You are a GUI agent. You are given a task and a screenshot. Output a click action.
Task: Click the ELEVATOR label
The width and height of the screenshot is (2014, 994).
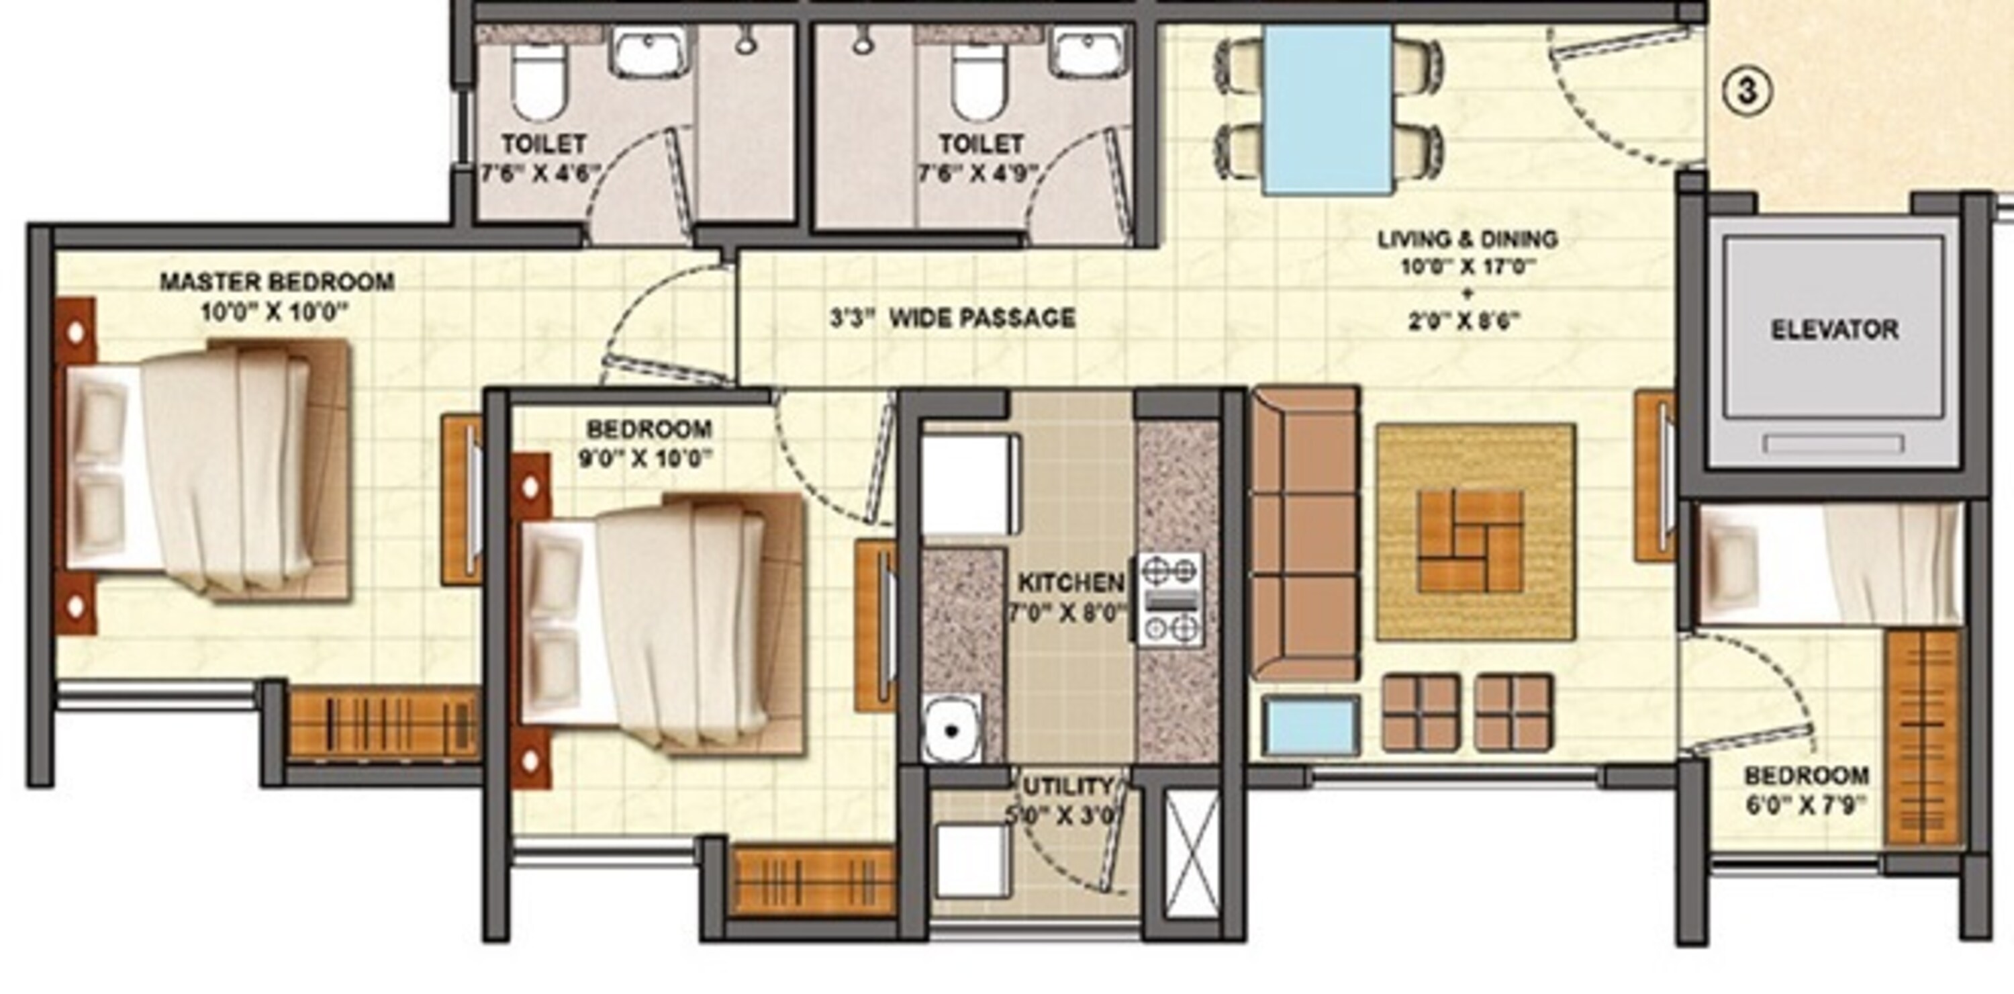pyautogui.click(x=1834, y=329)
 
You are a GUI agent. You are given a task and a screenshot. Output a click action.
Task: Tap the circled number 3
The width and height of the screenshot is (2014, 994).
pyautogui.click(x=1747, y=91)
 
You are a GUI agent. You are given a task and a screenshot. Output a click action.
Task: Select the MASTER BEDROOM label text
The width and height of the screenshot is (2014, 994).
pyautogui.click(x=277, y=281)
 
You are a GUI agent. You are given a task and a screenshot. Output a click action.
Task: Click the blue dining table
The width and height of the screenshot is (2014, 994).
pyautogui.click(x=1327, y=109)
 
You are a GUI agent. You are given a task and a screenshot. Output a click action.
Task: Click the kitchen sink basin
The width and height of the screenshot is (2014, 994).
pyautogui.click(x=952, y=728)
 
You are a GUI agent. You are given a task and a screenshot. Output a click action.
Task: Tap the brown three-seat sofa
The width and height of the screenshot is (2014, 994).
pyautogui.click(x=1305, y=533)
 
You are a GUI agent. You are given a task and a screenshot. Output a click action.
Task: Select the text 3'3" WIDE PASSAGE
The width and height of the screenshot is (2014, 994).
pyautogui.click(x=952, y=318)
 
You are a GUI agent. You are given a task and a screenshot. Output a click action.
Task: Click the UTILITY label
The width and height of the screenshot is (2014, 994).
pyautogui.click(x=1068, y=785)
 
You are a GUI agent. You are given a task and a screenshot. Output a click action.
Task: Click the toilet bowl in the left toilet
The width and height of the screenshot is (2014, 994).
pyautogui.click(x=538, y=81)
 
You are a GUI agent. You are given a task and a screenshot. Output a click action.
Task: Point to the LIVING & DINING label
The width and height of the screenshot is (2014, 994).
pyautogui.click(x=1467, y=238)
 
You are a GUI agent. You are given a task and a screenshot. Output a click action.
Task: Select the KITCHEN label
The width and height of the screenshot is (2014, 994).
pyautogui.click(x=1070, y=583)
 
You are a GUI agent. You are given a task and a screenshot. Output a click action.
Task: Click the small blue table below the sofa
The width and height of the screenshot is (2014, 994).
pyautogui.click(x=1310, y=725)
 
